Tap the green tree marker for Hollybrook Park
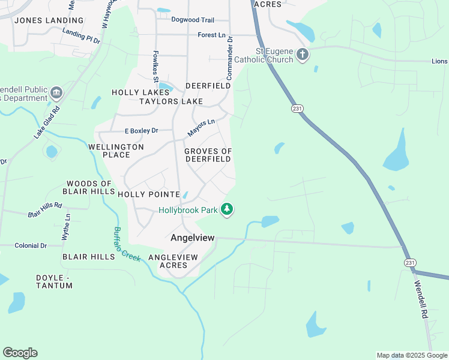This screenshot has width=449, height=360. pos(227,209)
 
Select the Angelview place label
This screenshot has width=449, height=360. pos(193,238)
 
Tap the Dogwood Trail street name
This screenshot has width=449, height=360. pos(193,20)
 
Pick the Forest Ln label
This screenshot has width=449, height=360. pos(211,35)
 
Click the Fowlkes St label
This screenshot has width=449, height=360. pos(155,67)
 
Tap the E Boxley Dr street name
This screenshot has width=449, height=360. pos(141,131)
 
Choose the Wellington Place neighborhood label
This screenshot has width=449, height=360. pos(116,151)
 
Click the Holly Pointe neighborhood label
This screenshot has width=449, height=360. pos(149,194)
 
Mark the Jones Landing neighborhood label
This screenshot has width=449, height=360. pos(41,20)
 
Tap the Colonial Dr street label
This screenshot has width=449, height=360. pos(31,245)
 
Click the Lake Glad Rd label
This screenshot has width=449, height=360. pos(47,124)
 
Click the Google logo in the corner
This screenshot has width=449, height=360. pos(20,353)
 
